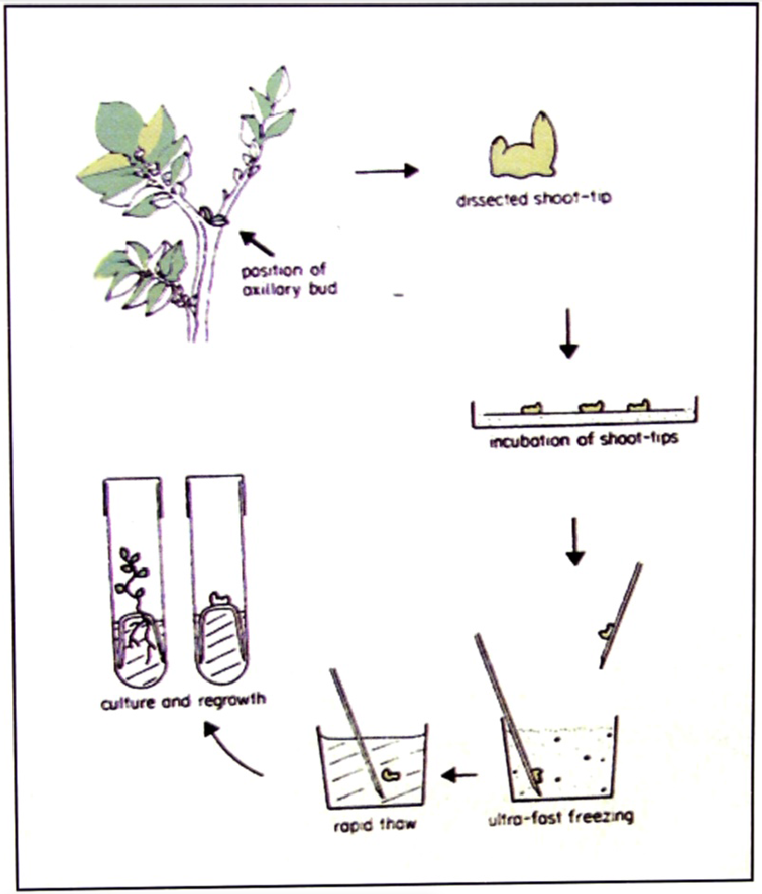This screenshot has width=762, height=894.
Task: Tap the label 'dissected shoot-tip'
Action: (534, 198)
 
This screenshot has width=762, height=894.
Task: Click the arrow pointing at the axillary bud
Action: (256, 243)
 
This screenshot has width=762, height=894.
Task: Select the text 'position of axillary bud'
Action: (290, 280)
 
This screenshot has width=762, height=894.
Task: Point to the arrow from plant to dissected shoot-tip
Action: (387, 170)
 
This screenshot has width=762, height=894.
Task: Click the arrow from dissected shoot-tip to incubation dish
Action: (568, 334)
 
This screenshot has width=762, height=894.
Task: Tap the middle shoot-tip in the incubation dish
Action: (591, 407)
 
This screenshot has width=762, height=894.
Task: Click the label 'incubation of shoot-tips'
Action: (584, 440)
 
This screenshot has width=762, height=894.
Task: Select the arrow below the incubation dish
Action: (575, 541)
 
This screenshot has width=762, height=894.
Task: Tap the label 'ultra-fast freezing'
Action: (561, 817)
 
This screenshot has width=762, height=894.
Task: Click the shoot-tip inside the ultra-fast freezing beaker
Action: (537, 775)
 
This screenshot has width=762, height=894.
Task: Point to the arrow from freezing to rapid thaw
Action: (459, 775)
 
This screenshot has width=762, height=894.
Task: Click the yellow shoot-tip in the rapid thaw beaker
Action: (391, 774)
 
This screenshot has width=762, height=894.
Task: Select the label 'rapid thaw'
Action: (374, 825)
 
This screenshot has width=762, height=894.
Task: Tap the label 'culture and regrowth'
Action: (183, 701)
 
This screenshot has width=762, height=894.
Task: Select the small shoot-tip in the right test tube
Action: (220, 598)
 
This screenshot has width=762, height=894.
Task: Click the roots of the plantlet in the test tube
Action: (138, 635)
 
